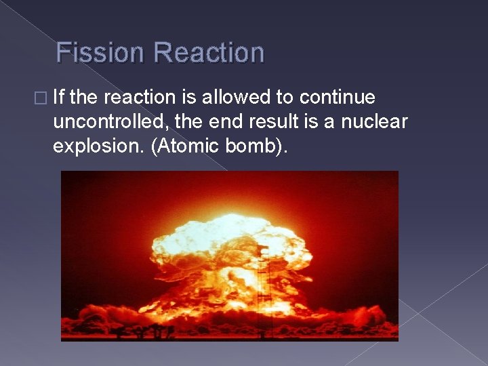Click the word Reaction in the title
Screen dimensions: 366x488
209,53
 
